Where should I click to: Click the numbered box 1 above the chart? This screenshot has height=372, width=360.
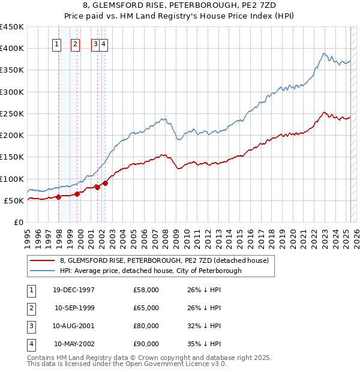(x=56, y=43)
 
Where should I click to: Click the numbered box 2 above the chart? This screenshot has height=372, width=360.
(x=75, y=43)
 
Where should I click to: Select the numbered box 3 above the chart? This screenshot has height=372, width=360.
(x=95, y=43)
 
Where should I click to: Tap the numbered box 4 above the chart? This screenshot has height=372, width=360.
(x=104, y=43)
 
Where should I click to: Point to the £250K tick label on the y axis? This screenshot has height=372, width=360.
(x=11, y=113)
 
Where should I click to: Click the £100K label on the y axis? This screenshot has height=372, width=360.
(x=11, y=179)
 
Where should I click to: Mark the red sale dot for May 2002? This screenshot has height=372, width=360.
(x=105, y=183)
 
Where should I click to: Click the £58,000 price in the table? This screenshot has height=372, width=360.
(x=146, y=290)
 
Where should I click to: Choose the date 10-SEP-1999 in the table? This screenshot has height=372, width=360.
(x=74, y=308)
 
